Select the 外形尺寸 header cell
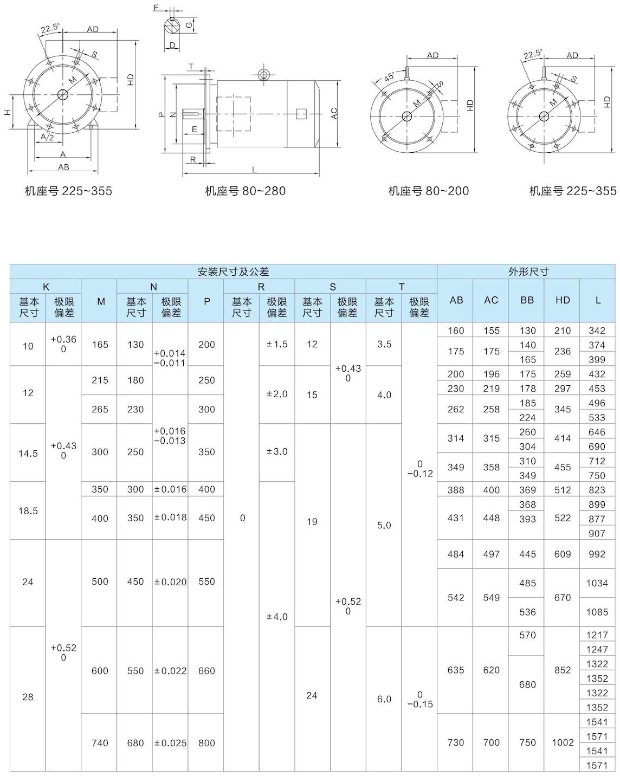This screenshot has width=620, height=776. coord(528,271)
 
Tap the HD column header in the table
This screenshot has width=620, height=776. coord(562,300)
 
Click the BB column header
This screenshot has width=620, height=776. coord(527,300)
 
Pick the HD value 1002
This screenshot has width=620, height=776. coord(562,742)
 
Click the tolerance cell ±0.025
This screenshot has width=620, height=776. coord(170,743)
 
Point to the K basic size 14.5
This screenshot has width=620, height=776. coord(28,453)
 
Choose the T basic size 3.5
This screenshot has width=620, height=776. coord(384,344)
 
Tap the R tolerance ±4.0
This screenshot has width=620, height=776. coord(277,617)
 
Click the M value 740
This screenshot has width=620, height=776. coord(100,743)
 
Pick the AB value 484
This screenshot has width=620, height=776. coord(455,554)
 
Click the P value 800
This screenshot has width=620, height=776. coord(206,743)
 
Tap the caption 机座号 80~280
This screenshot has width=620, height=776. coord(245,191)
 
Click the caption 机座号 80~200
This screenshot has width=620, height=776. coord(428,191)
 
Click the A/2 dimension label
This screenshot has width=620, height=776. coord(47,138)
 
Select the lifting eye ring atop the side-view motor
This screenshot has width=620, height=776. coord(263,74)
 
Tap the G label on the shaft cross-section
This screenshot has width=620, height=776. coord(188,25)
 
